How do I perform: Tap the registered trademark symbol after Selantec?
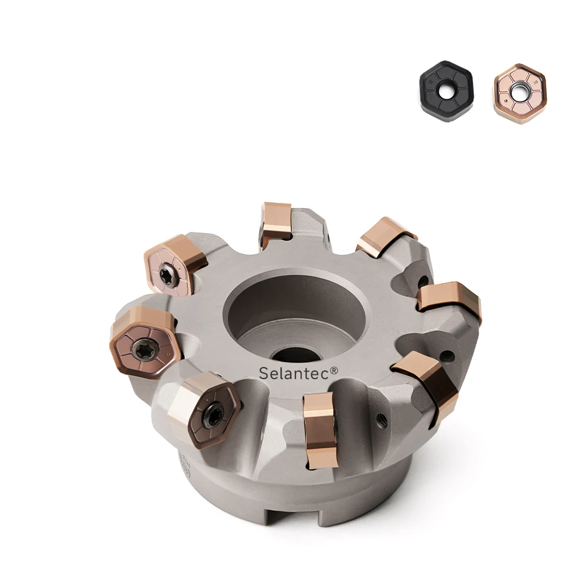(x=334, y=370)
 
